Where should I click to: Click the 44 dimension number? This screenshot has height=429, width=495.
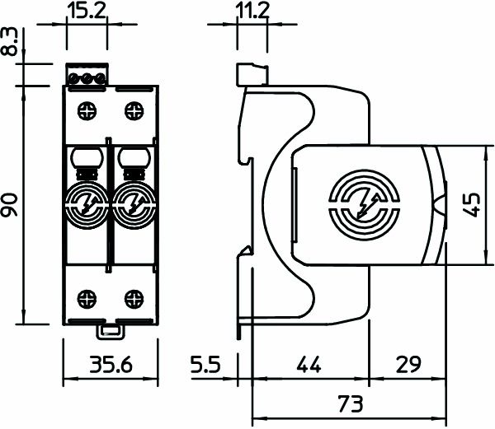(x=305, y=364)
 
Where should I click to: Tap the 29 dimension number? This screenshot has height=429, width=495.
(x=404, y=364)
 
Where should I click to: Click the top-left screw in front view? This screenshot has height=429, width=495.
(x=86, y=110)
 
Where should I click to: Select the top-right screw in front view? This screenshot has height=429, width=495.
(x=131, y=110)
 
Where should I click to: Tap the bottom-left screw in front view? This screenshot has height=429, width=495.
(x=86, y=297)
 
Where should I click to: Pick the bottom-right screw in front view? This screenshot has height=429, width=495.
(x=131, y=297)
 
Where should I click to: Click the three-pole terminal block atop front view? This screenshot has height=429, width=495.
(x=87, y=77)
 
